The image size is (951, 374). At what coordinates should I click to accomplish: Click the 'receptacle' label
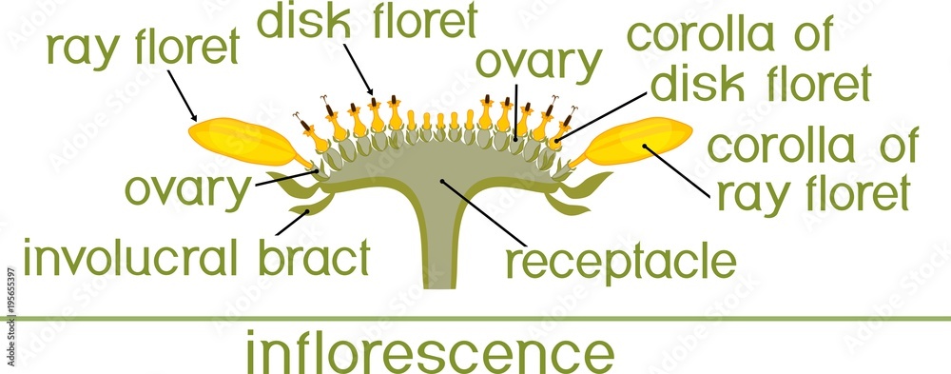(x=620, y=259)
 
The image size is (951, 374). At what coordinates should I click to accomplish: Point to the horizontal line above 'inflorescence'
(x=475, y=317)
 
